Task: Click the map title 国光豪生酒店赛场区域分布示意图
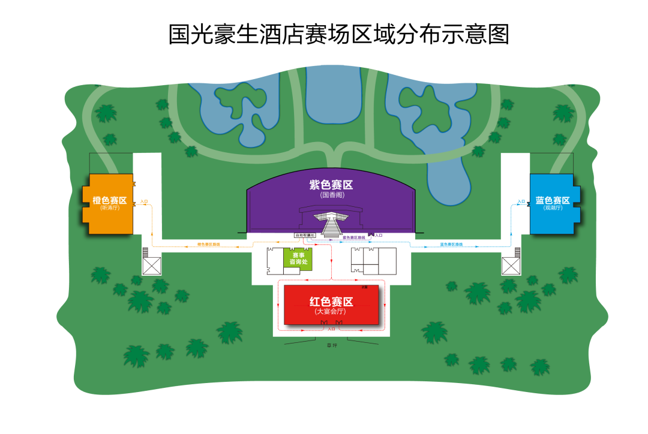pos(338,34)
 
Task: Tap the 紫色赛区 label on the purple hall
pos(331,185)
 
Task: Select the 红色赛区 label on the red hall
pos(331,302)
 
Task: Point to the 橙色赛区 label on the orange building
pos(110,200)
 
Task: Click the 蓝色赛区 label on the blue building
pos(553,200)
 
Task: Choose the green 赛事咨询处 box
pos(297,258)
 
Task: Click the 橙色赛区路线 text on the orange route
pos(209,245)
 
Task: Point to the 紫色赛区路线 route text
pos(353,238)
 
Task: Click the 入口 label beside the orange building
pos(144,201)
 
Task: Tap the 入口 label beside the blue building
pos(521,201)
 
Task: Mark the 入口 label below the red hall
pos(331,329)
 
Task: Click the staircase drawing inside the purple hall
pos(331,225)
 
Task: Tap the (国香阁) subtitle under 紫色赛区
pos(331,195)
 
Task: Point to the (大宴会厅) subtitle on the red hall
pos(331,312)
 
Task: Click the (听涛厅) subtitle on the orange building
pos(110,208)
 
